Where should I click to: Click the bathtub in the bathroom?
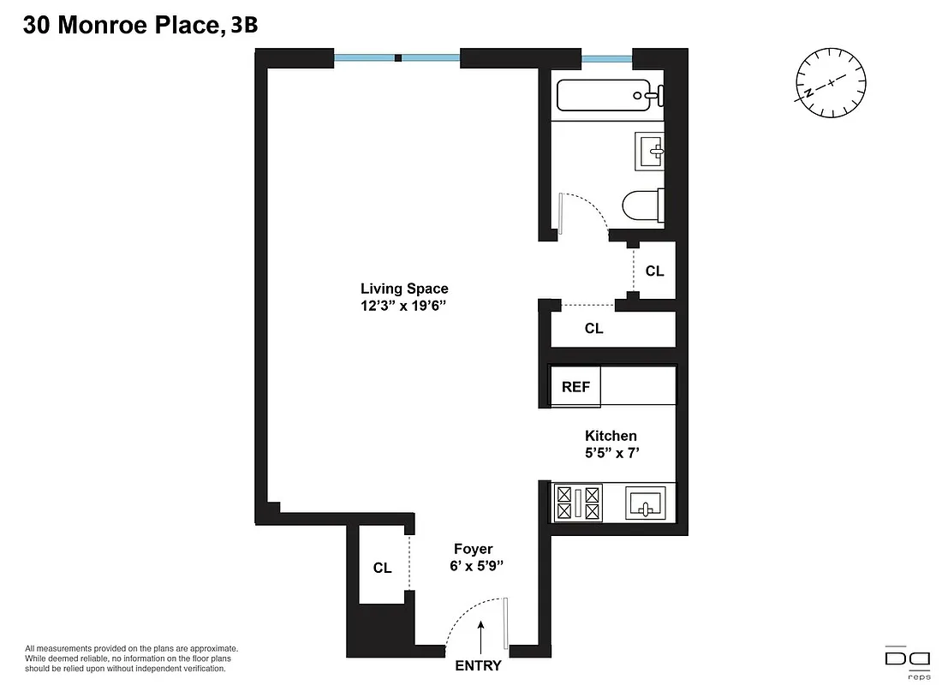coord(605,94)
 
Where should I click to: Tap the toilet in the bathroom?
coord(642,205)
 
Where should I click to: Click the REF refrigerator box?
coord(575,387)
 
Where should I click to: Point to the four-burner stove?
coord(579,503)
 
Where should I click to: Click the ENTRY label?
coord(478,665)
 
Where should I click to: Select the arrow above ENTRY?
coord(482,638)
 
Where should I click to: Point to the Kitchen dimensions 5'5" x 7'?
coord(611,453)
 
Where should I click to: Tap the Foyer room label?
coord(474,549)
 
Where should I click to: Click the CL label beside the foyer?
coord(382,568)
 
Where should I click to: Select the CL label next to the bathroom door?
coord(654,271)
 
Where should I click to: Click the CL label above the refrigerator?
coord(593,328)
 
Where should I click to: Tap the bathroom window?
coord(606,59)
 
